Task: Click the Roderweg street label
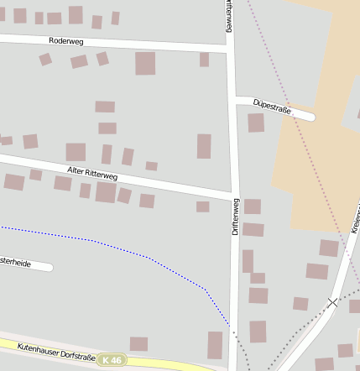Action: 65,40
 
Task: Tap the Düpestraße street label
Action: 271,105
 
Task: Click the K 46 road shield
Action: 110,360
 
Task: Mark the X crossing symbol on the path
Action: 333,300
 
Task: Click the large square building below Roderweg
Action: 145,63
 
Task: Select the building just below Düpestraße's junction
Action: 255,123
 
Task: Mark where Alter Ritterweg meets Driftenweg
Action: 233,197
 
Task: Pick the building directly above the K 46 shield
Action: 138,343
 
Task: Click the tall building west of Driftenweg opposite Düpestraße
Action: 204,146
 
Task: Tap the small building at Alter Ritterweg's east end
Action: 202,206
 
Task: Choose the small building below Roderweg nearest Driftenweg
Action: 204,60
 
